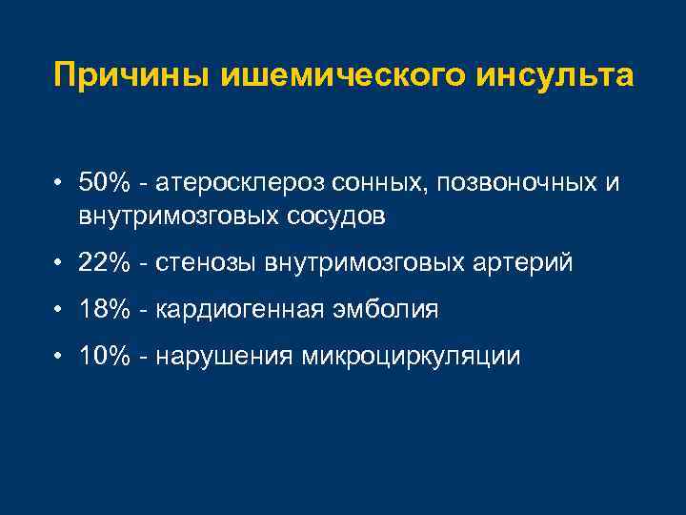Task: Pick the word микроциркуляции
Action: [x=411, y=357]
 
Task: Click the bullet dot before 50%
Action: [x=59, y=182]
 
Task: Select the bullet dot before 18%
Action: [x=59, y=310]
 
